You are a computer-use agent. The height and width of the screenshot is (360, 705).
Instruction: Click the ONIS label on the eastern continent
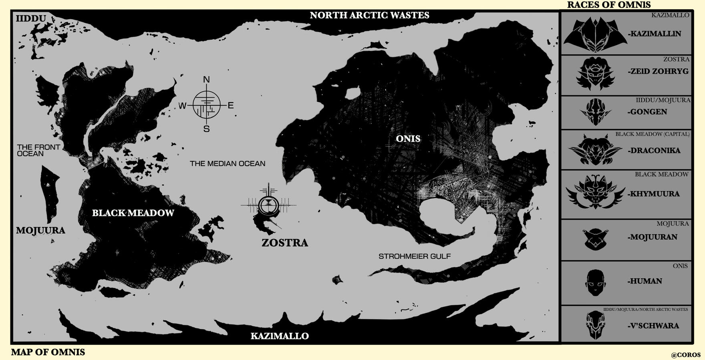tap(408, 139)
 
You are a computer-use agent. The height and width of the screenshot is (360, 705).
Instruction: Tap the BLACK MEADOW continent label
tap(133, 213)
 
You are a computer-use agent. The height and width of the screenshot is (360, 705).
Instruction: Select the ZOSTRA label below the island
tap(284, 243)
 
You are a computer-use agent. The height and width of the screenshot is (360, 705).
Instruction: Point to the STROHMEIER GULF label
tap(415, 256)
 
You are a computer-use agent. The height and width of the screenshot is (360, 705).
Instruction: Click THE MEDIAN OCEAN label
tap(227, 163)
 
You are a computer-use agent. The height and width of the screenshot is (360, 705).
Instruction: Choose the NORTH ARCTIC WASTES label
tap(369, 15)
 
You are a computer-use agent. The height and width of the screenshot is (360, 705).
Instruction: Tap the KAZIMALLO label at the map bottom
tap(280, 336)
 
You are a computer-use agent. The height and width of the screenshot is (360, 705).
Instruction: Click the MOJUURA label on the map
tap(40, 230)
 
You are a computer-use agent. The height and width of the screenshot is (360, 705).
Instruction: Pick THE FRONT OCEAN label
tap(38, 150)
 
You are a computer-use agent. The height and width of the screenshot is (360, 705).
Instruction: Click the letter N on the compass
tap(206, 80)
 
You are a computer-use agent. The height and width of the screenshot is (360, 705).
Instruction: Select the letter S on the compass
tap(206, 129)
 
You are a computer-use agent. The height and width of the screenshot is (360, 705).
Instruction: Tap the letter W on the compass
tap(182, 106)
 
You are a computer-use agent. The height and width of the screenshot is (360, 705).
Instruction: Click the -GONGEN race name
tap(647, 112)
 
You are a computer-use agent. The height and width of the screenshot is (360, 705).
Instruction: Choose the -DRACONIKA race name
tap(654, 151)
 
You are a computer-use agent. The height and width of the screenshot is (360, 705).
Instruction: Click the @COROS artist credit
tap(686, 355)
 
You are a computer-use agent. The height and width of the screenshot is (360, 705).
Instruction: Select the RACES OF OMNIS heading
tap(608, 5)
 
